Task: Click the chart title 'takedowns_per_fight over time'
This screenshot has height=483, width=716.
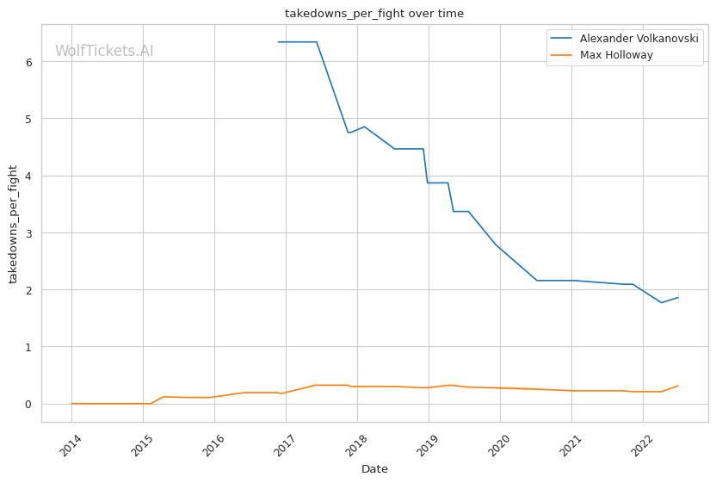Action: pos(374,14)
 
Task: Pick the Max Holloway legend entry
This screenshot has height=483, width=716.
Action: pos(616,55)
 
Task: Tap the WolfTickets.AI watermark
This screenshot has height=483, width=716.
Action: pos(104,51)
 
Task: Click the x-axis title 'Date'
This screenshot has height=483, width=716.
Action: pos(374,469)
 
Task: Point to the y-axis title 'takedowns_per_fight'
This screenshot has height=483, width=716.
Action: pos(14,223)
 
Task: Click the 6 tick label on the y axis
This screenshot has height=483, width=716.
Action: pos(28,62)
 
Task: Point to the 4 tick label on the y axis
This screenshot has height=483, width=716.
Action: pos(28,176)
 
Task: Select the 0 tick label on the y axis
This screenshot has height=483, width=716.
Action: pos(28,404)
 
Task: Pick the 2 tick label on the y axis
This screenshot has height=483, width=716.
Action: pos(28,290)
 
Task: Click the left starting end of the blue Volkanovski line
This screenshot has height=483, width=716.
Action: pos(278,42)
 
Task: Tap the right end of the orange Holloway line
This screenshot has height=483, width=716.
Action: pos(678,386)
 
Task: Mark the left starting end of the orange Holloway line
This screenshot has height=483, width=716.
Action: pos(71,404)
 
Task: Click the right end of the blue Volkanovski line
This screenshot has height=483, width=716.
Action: pos(678,298)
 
